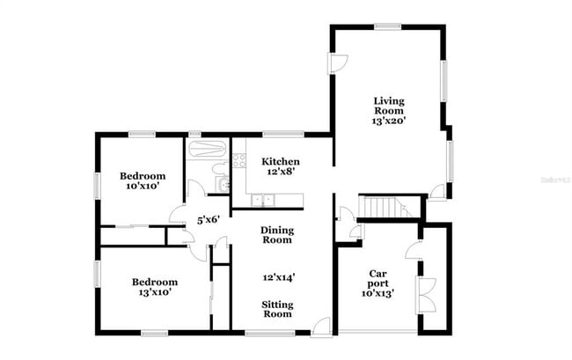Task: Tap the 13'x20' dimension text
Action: (x=388, y=122)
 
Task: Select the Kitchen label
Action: (x=281, y=162)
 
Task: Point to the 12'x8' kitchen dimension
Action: (x=281, y=173)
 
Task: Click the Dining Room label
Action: (x=276, y=235)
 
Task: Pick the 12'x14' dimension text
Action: (x=276, y=276)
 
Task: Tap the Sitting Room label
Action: (x=278, y=309)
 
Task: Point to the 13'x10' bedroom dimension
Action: (x=154, y=292)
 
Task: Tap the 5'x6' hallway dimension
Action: (x=207, y=220)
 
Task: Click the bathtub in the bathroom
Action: (x=208, y=147)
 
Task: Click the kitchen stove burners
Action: (x=238, y=160)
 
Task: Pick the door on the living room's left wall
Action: (x=339, y=64)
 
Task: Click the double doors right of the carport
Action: (x=428, y=293)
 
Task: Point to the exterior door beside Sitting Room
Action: (x=322, y=325)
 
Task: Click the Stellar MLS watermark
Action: (x=554, y=178)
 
